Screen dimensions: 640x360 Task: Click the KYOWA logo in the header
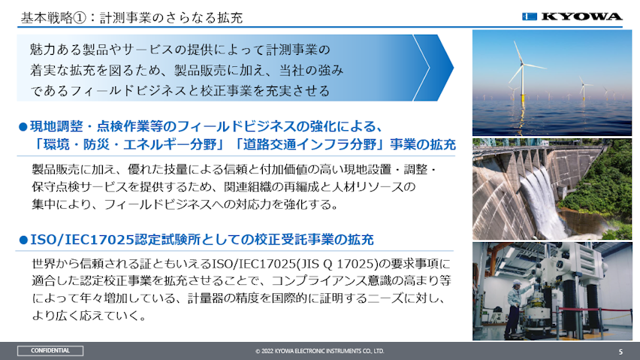coord(572,17)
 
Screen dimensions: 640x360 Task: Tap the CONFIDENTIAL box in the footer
coord(50,351)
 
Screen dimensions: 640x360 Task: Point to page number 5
coord(620,352)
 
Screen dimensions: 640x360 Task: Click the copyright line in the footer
coord(319,351)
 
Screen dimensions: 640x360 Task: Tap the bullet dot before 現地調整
coord(23,127)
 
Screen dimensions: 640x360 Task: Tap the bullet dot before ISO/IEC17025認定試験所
coord(23,240)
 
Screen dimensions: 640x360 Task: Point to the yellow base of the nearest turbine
coord(522,98)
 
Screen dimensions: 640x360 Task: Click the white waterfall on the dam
coord(539,200)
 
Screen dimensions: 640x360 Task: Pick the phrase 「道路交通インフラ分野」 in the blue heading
coord(312,145)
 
